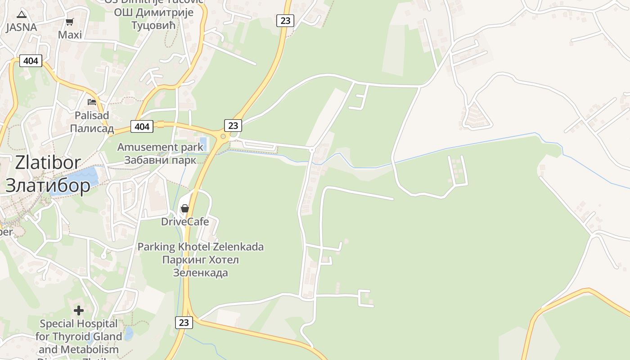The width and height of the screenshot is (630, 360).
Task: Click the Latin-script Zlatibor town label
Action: pos(48,163)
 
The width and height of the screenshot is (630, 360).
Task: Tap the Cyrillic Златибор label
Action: pos(48,185)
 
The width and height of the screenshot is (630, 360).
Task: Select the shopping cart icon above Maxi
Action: pos(70,22)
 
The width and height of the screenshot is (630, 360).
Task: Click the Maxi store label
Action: pos(70,35)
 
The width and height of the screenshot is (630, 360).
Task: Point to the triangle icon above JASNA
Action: pos(22,15)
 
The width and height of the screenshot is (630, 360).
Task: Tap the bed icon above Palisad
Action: pos(92,102)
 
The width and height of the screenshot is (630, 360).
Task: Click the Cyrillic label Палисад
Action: pos(92,129)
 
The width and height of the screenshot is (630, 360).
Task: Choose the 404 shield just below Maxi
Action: pos(31,61)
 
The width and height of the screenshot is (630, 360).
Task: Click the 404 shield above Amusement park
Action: pos(142,126)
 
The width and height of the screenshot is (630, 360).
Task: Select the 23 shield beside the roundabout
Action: pos(233,125)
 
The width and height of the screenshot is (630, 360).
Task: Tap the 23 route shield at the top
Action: pos(285,20)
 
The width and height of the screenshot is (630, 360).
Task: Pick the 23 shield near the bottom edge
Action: pos(184,322)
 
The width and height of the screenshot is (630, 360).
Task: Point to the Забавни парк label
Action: pos(160,160)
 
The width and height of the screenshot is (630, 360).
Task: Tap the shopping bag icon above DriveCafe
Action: pos(184,208)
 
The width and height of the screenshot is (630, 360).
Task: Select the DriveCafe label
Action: pos(185,221)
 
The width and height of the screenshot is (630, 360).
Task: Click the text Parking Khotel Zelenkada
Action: pos(200,247)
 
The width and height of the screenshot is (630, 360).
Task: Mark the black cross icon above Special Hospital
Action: pos(79,310)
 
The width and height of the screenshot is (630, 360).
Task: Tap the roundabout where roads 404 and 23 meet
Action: pos(223,136)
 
